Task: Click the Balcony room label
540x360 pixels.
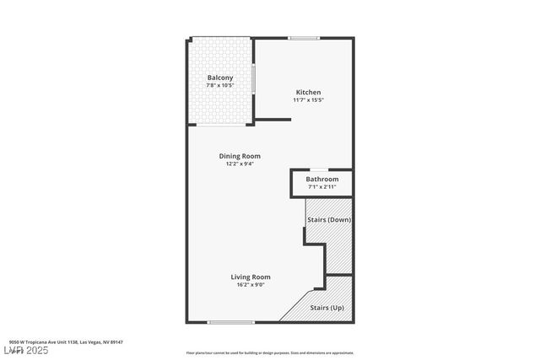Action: pyautogui.click(x=220, y=78)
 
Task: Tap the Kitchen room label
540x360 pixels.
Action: pyautogui.click(x=308, y=92)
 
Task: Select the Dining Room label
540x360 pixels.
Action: pyautogui.click(x=240, y=156)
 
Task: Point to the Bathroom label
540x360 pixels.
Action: pyautogui.click(x=322, y=180)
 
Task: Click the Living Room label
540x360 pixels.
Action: pyautogui.click(x=251, y=277)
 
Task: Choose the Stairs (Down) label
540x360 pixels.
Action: pyautogui.click(x=329, y=220)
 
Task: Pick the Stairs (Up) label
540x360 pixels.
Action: pyautogui.click(x=327, y=308)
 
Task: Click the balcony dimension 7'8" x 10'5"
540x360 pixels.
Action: pyautogui.click(x=220, y=86)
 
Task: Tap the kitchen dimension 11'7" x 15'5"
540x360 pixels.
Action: pyautogui.click(x=308, y=100)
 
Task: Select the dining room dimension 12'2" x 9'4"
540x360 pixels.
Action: pyautogui.click(x=240, y=164)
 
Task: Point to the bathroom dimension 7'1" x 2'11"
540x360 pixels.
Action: pyautogui.click(x=322, y=187)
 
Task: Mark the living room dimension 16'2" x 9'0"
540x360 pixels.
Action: pyautogui.click(x=251, y=285)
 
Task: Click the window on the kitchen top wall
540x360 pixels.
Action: pyautogui.click(x=304, y=38)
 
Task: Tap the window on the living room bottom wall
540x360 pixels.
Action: pyautogui.click(x=231, y=322)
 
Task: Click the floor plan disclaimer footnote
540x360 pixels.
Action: pyautogui.click(x=270, y=353)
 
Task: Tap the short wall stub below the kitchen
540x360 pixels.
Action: pyautogui.click(x=273, y=120)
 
